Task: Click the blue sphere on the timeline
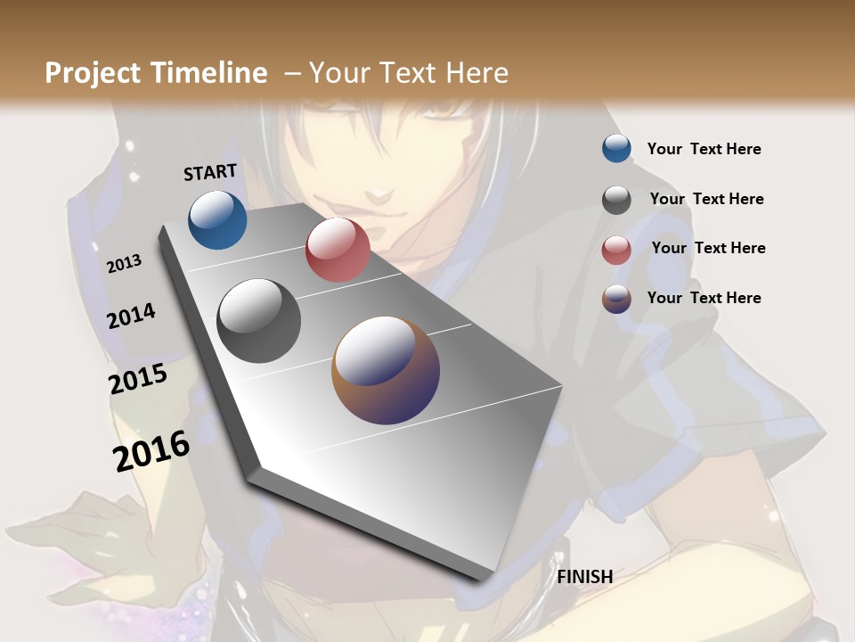217,219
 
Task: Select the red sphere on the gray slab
338,250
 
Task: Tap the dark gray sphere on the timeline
259,321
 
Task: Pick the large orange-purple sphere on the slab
386,370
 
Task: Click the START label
210,172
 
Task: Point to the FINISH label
585,577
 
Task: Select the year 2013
124,264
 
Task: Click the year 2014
131,316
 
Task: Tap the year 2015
138,379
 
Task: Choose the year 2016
151,451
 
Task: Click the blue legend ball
616,148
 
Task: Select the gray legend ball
616,200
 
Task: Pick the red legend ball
616,250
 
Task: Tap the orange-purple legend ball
616,299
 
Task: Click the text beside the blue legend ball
704,149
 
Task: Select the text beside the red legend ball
708,248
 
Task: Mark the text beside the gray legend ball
706,199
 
